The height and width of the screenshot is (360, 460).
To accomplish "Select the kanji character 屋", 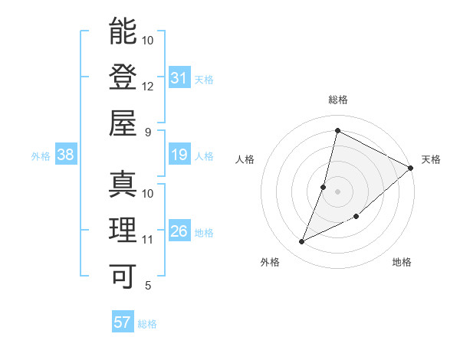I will tap(123, 123).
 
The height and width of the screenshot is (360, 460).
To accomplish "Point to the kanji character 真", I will tap(123, 185).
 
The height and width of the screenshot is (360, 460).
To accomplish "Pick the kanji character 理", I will tap(123, 231).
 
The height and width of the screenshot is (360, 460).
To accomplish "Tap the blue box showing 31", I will tap(179, 78).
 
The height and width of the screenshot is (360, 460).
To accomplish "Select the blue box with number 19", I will tap(179, 155).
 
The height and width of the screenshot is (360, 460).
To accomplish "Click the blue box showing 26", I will tap(179, 232).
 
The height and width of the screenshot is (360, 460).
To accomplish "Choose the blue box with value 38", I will tap(66, 155).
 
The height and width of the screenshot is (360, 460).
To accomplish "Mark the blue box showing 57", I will tap(123, 322).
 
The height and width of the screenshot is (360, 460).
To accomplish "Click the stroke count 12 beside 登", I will tap(148, 87).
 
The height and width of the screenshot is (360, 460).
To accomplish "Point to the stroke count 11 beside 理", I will tap(148, 240).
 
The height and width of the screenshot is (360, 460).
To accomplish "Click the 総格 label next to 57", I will tap(147, 324).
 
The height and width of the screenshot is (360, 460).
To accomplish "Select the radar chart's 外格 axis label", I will tap(270, 262).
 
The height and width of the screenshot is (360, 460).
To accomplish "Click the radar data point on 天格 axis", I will tap(411, 169).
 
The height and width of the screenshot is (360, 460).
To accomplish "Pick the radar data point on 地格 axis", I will tap(356, 217).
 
